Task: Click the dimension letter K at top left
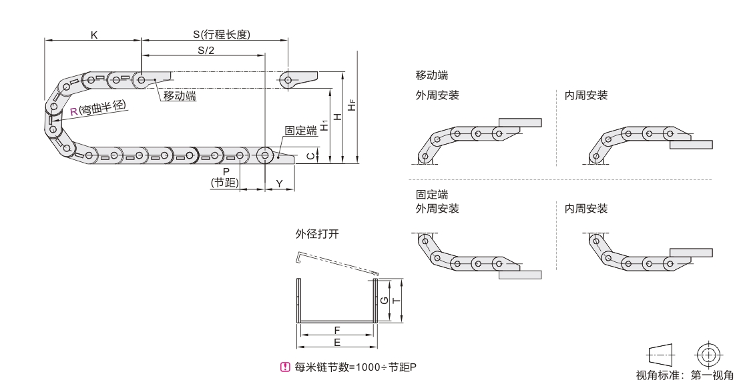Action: tap(94, 35)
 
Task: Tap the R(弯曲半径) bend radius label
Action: tap(98, 110)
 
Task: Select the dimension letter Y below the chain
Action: tap(280, 183)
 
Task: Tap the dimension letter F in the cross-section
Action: tap(337, 330)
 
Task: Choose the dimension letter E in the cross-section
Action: tap(337, 342)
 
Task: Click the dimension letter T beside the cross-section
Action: tap(395, 300)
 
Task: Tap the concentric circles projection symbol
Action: tap(709, 354)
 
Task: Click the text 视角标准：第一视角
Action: tap(690, 373)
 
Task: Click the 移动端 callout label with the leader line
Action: tap(180, 97)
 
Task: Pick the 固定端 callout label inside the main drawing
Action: tap(300, 131)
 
